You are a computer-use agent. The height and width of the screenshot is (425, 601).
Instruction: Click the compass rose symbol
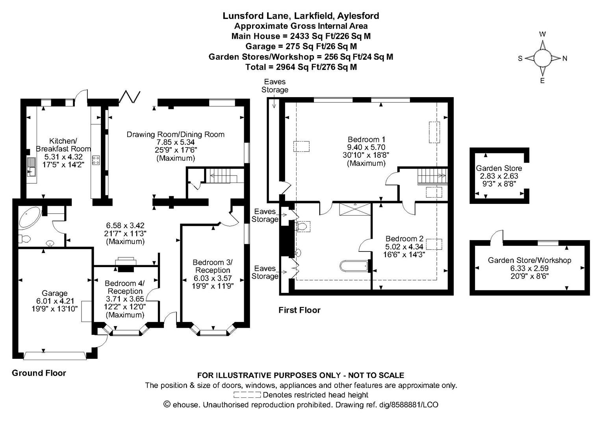pyautogui.click(x=542, y=58)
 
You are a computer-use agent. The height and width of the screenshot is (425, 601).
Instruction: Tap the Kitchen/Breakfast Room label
pyautogui.click(x=63, y=145)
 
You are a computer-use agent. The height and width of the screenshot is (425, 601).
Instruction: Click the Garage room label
pyautogui.click(x=54, y=293)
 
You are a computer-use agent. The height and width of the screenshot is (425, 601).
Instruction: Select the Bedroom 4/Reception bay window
pyautogui.click(x=126, y=331)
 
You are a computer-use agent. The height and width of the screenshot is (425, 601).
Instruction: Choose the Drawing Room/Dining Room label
pyautogui.click(x=175, y=135)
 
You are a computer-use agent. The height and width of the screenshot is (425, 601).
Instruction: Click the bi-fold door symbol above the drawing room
pyautogui.click(x=130, y=96)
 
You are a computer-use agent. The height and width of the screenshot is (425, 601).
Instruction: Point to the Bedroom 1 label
pyautogui.click(x=366, y=139)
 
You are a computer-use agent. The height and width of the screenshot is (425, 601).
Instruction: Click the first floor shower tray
pyautogui.click(x=355, y=209)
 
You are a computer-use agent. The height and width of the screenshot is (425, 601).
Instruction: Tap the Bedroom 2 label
pyautogui.click(x=404, y=238)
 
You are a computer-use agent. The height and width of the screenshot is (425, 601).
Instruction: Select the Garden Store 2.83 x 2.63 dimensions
pyautogui.click(x=499, y=176)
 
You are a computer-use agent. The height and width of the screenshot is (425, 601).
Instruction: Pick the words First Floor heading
pyautogui.click(x=299, y=310)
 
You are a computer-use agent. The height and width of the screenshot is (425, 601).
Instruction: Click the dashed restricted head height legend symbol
pyautogui.click(x=247, y=395)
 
